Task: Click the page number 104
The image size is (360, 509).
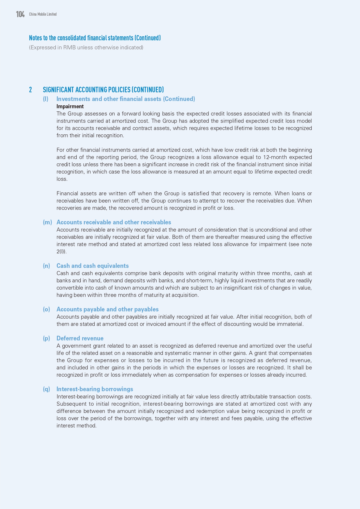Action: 20,14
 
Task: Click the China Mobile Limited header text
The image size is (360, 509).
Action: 43,14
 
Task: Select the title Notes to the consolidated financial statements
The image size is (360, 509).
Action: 95,38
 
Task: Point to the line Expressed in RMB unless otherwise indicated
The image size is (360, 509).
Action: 86,48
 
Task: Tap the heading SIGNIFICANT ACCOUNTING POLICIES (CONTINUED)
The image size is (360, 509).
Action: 103,90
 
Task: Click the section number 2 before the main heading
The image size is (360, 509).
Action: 30,90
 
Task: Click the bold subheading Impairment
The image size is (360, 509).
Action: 70,107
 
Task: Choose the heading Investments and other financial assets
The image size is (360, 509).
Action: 126,99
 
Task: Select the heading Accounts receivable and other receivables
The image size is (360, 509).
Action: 114,222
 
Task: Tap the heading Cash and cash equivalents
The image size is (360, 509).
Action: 93,266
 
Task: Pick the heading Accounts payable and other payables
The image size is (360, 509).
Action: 107,309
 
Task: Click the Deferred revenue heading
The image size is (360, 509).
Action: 80,338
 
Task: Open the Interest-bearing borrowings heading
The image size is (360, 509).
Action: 95,389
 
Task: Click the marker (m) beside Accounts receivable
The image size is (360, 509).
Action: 47,222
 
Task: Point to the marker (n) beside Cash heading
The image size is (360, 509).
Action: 46,266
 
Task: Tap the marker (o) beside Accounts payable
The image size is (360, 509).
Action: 46,309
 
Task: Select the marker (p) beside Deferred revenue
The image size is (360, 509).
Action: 46,338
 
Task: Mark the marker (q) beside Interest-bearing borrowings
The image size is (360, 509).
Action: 46,389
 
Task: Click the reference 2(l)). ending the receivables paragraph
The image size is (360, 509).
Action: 61,252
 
